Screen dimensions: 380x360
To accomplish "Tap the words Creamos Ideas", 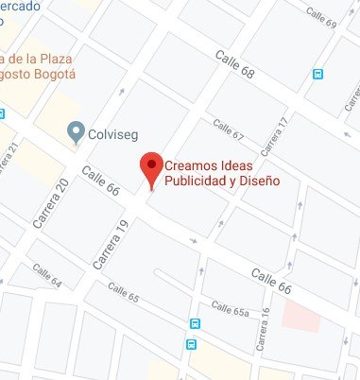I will click(x=209, y=164).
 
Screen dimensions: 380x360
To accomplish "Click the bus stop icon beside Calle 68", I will click(x=319, y=73).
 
